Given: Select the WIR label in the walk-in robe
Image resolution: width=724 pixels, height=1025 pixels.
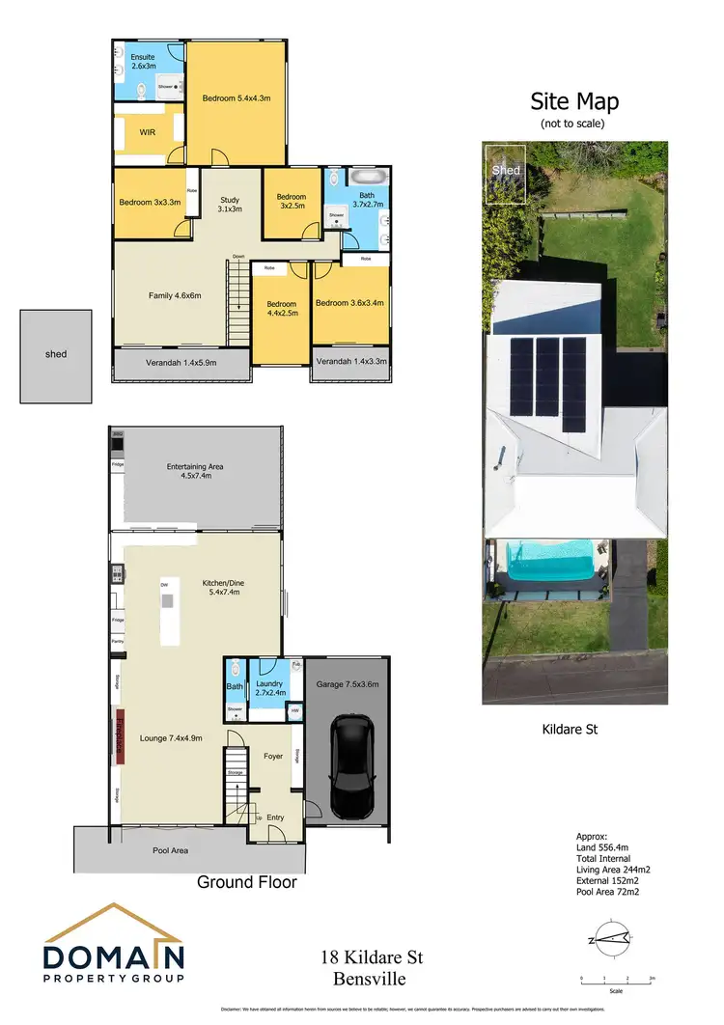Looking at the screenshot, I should pos(148,132).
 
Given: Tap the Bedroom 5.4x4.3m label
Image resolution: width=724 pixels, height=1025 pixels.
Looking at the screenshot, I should pos(237,98).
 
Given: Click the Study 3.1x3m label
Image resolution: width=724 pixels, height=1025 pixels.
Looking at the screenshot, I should pos(229,204).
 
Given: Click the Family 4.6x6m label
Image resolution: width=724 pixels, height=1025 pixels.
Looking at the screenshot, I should pos(174,295).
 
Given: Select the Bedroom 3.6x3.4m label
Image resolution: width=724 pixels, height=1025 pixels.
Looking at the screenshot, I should pos(350,303).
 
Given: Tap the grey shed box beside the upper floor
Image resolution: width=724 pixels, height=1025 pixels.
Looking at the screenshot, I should pos(56,355).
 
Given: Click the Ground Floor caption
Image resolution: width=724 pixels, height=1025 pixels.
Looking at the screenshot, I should pos(246,882).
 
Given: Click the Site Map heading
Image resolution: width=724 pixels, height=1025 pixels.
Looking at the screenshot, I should pos(574,102).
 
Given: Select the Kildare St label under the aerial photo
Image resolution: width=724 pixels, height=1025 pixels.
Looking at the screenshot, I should pos(570,730).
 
